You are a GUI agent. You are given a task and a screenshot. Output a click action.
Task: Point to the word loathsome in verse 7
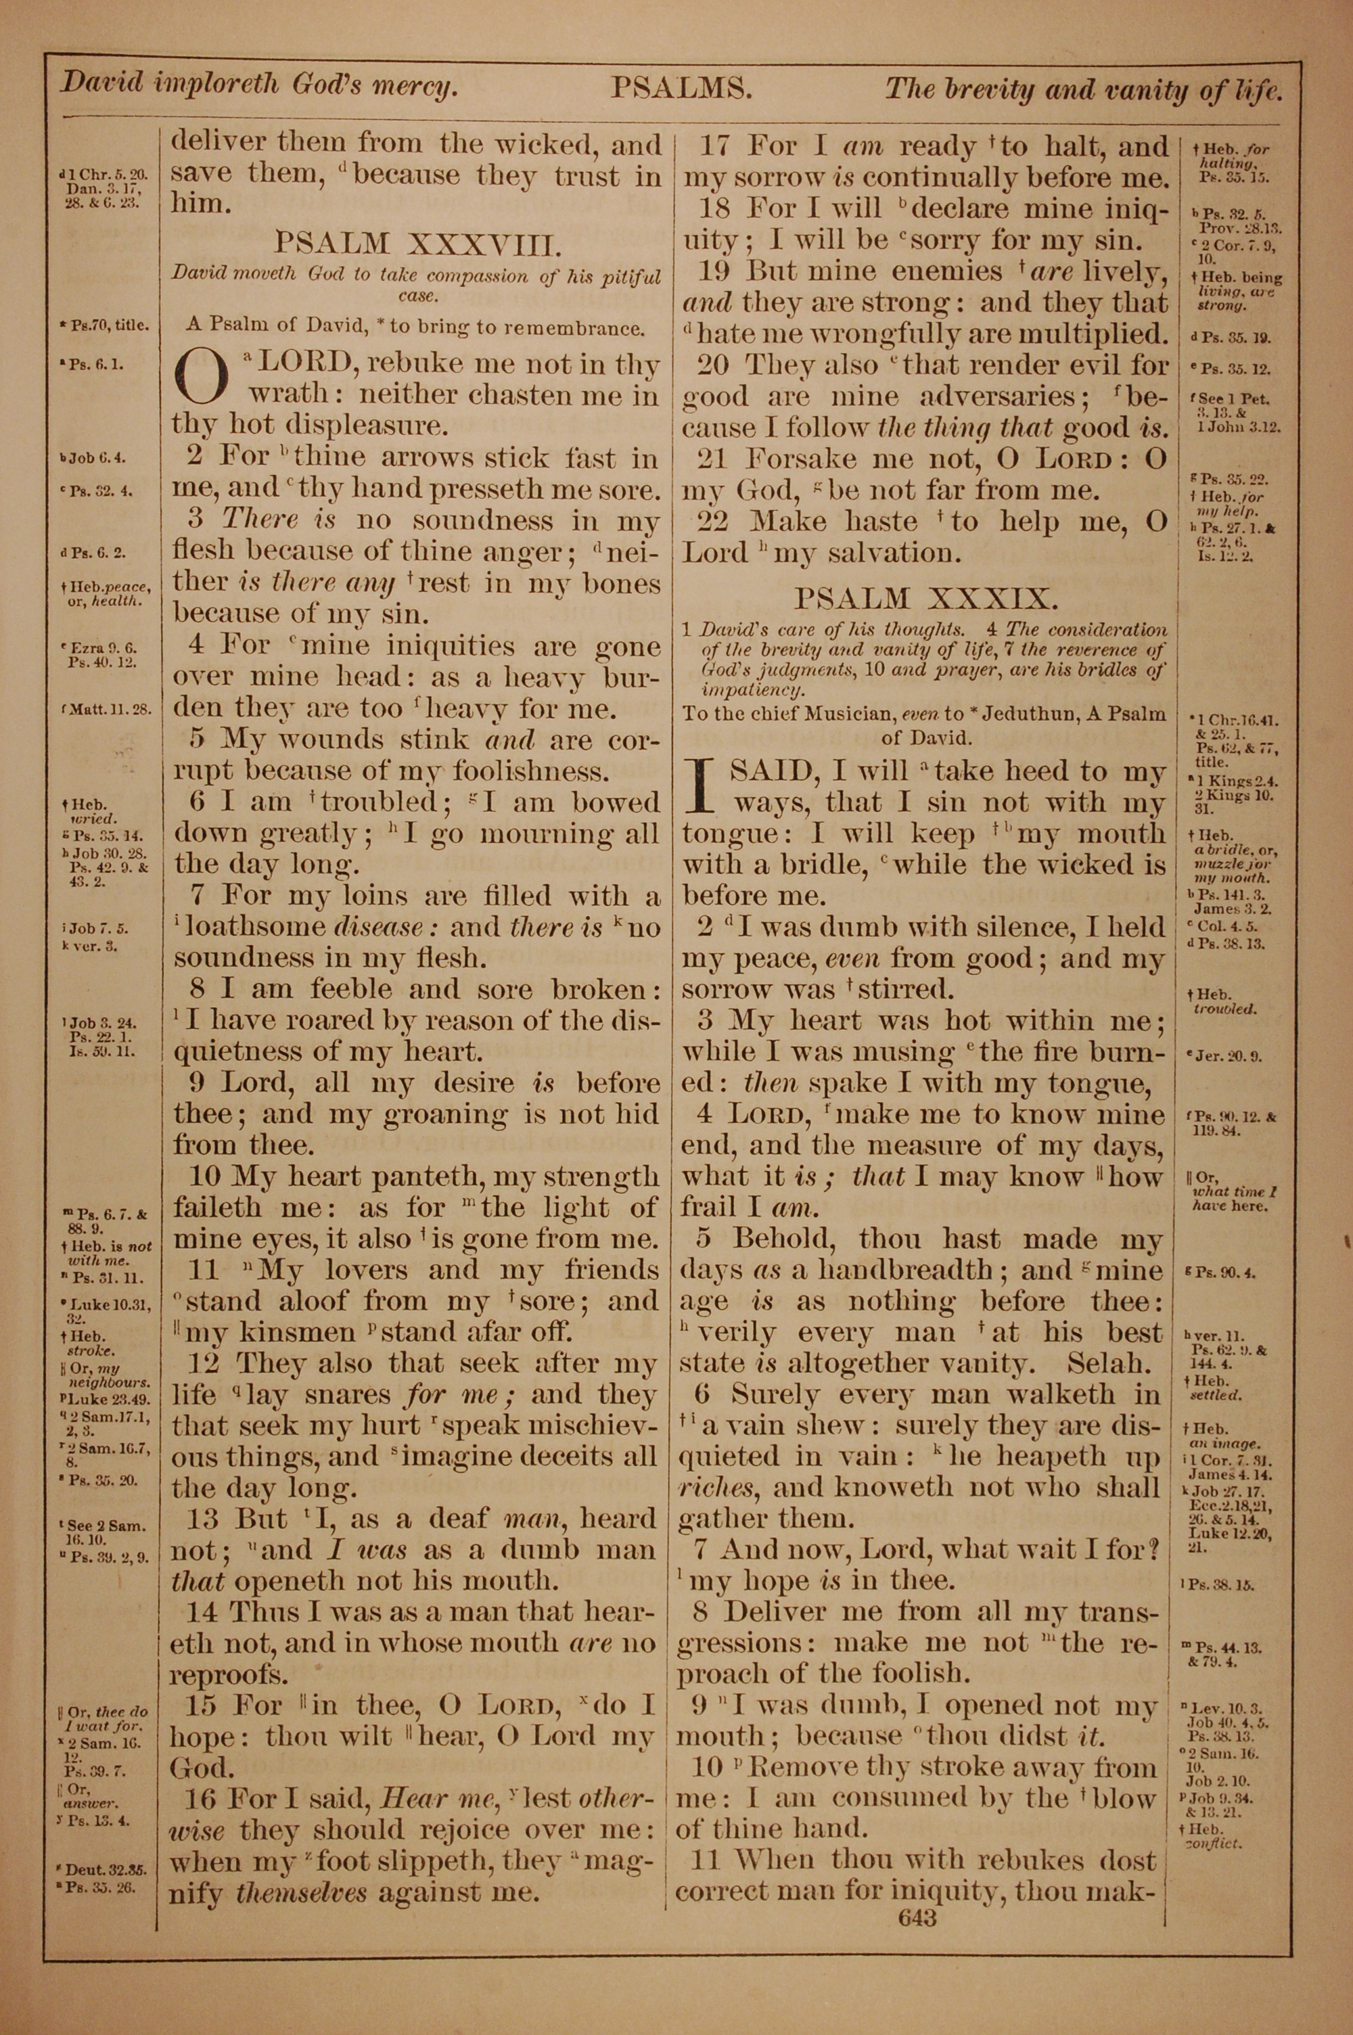tap(256, 928)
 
